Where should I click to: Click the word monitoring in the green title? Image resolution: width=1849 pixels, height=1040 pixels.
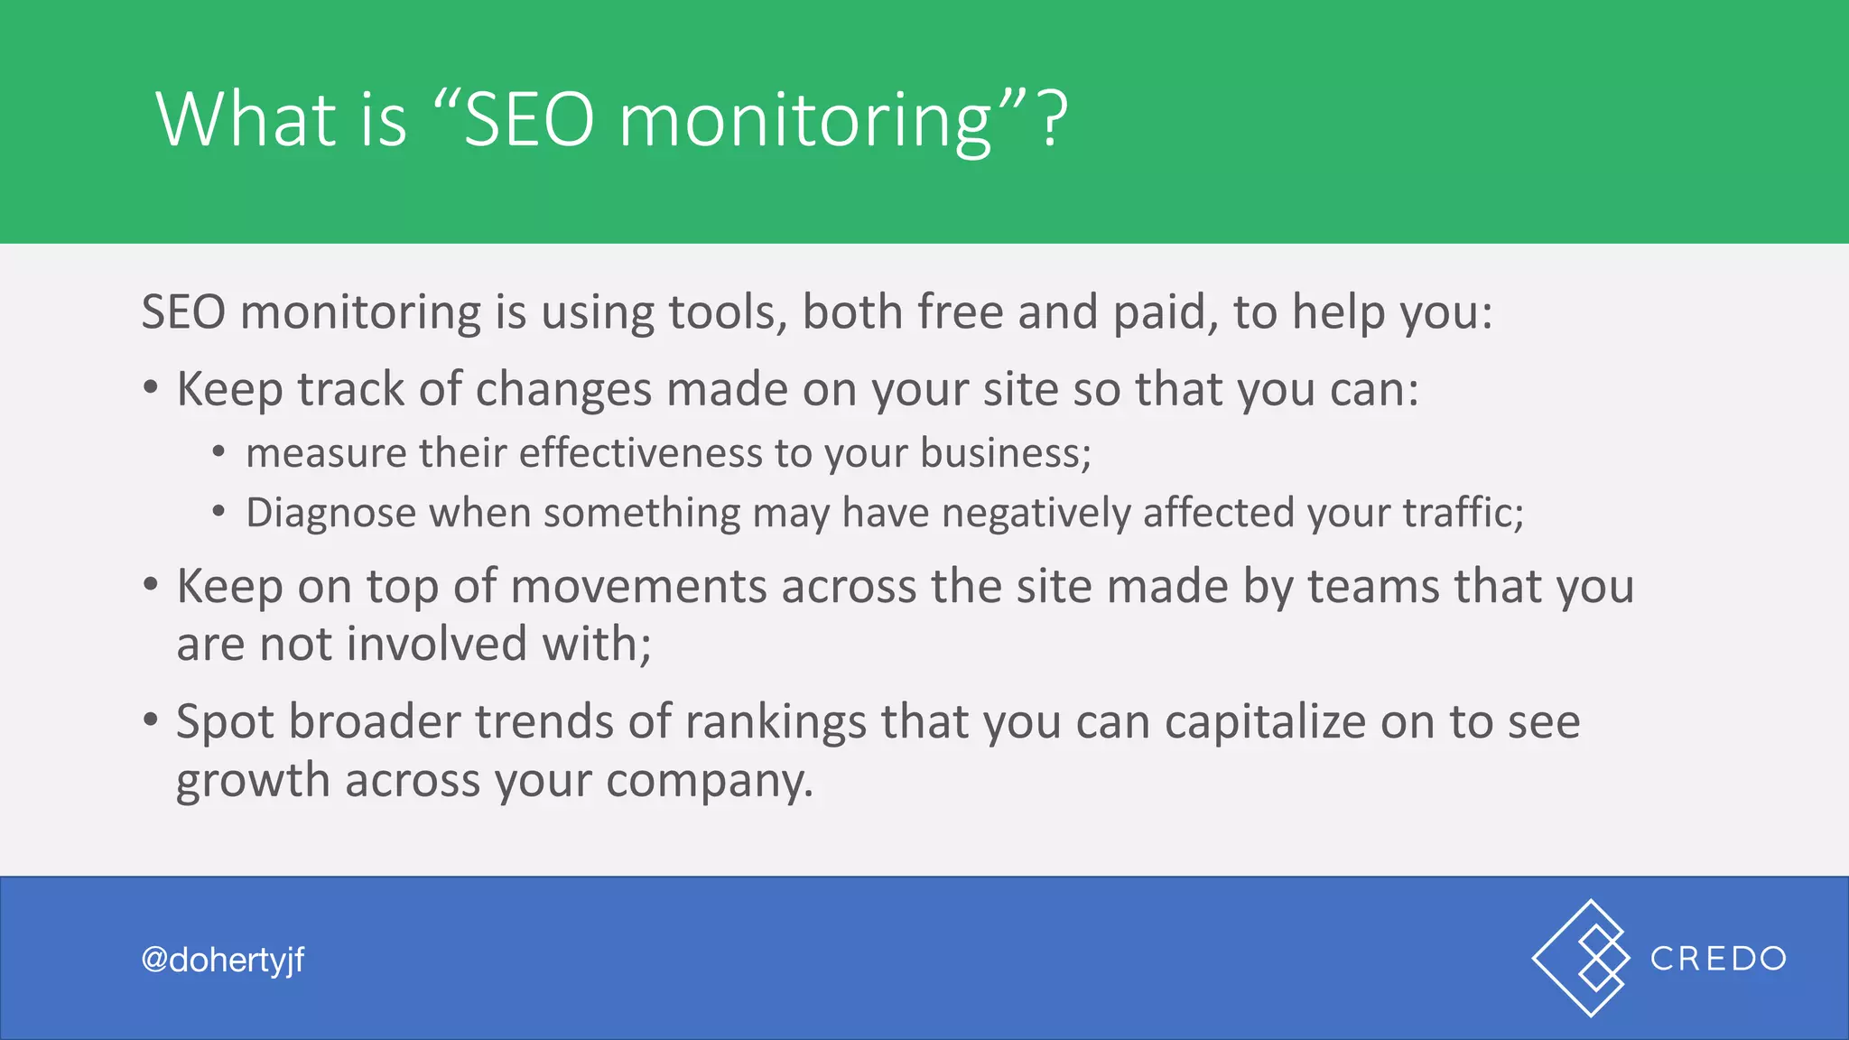point(805,121)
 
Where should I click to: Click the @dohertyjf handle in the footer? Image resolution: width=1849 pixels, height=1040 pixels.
point(223,960)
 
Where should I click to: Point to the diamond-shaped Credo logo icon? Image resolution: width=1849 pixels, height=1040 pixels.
point(1582,958)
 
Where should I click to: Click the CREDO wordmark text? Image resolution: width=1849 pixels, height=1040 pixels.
point(1718,959)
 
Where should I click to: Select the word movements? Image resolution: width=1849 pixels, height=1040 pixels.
point(638,587)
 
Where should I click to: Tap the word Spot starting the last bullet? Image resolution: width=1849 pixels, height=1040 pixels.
point(228,722)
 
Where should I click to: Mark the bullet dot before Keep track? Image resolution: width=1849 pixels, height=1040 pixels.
point(151,389)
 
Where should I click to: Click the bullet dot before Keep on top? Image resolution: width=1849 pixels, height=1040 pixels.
point(151,586)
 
